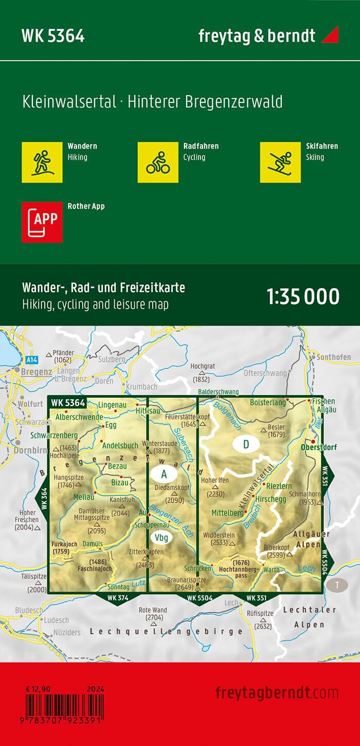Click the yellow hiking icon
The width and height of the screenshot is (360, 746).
[x=42, y=162]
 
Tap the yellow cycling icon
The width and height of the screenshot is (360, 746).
[x=158, y=162]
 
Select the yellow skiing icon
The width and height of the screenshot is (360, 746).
[x=280, y=162]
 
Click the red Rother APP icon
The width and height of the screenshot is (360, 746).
[x=42, y=222]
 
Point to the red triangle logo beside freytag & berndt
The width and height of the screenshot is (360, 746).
[x=330, y=35]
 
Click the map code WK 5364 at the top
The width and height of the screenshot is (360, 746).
[x=53, y=36]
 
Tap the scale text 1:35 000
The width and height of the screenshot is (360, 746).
[x=303, y=297]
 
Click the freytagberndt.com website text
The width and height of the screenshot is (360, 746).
[x=277, y=692]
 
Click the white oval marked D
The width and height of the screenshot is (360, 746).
[x=246, y=445]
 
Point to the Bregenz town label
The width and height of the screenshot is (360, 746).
[x=36, y=371]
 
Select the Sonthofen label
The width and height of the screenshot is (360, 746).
[x=334, y=357]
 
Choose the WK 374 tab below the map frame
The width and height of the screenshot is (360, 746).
[x=117, y=597]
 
